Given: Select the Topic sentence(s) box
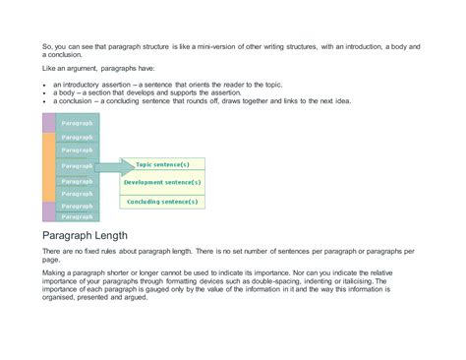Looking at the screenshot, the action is [162, 163].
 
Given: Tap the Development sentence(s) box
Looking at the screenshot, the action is [162, 182].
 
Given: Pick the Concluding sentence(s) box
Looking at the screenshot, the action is [162, 201].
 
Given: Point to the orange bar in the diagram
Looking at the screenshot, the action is [48, 166].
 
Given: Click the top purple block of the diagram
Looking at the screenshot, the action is [48, 123].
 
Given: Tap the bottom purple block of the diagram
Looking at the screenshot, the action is [48, 211].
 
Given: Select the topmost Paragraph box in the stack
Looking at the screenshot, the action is [77, 123].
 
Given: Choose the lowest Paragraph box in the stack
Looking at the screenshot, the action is [77, 216].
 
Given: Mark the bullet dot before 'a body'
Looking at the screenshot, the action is [44, 93].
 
